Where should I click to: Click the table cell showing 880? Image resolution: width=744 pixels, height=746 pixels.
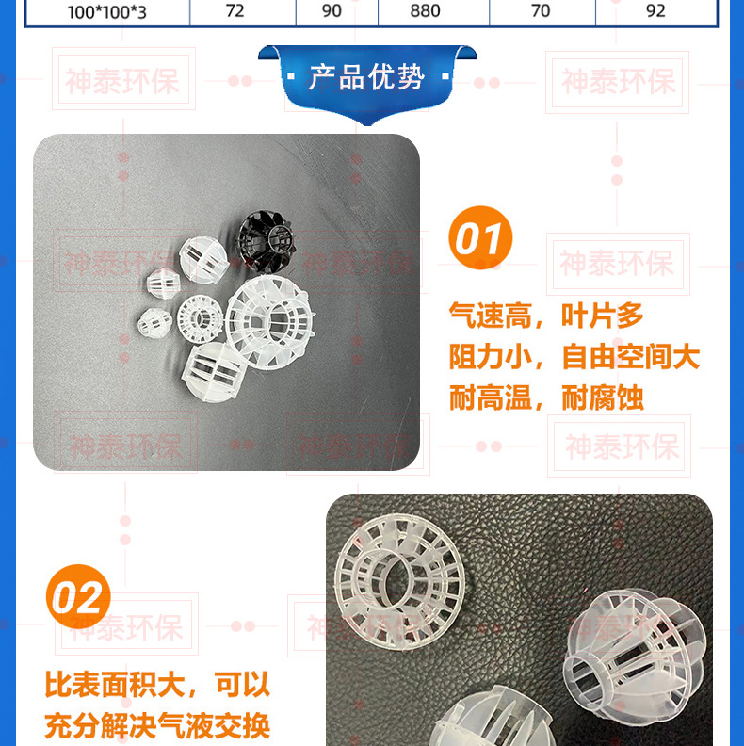(433, 11)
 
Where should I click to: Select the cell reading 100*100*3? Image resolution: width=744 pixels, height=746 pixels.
(107, 12)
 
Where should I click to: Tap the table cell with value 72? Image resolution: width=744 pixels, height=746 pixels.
(243, 11)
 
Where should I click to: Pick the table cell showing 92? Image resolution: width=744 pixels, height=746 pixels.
(656, 11)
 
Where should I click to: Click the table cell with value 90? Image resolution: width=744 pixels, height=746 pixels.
(337, 11)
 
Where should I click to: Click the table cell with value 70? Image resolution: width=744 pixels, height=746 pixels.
(542, 11)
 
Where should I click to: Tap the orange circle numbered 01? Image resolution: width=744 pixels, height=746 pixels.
(480, 237)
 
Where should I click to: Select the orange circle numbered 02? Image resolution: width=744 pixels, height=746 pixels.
(78, 596)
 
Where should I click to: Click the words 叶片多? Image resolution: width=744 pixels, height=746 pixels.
(602, 316)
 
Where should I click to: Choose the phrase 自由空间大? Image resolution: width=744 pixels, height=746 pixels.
(631, 356)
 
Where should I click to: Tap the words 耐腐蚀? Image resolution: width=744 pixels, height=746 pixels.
(602, 397)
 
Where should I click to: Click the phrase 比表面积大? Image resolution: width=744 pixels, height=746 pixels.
(115, 685)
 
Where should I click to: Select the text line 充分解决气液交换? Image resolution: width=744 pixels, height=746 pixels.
(157, 725)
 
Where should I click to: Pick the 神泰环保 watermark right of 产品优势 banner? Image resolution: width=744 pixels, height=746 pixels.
(618, 82)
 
